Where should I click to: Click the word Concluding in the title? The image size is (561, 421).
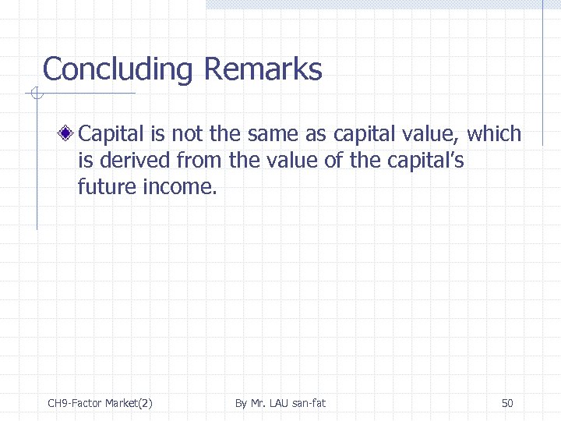(x=118, y=70)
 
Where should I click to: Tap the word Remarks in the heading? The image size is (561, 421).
(x=263, y=69)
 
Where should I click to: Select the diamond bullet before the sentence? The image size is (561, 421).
(x=69, y=134)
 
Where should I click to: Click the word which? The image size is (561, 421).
(x=494, y=134)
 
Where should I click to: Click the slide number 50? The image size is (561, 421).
(x=507, y=403)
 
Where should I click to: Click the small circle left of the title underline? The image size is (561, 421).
(x=34, y=94)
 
